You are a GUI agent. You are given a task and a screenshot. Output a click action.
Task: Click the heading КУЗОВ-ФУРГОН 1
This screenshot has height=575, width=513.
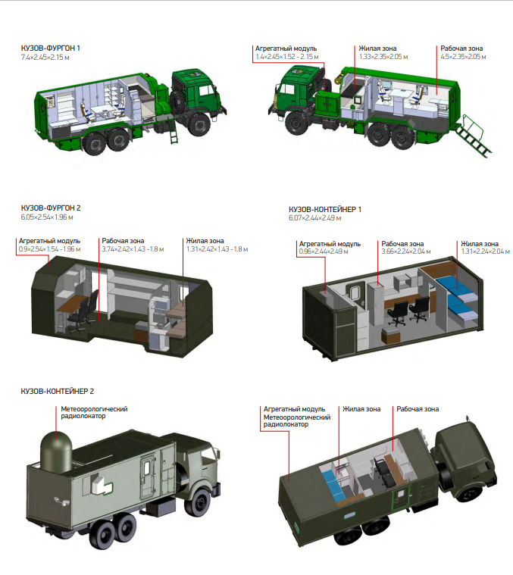(51, 48)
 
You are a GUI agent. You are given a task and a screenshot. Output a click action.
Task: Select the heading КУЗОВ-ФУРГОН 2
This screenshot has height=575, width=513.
(51, 208)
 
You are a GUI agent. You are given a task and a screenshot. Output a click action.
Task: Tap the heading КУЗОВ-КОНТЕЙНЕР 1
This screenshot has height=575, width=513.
(325, 209)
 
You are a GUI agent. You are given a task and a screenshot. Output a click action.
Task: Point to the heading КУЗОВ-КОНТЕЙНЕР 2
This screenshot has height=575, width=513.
(57, 391)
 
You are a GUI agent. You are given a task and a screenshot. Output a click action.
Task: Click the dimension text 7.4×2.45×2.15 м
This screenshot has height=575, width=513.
(45, 58)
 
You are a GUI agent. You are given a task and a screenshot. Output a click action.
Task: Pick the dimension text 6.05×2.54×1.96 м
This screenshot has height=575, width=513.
(47, 217)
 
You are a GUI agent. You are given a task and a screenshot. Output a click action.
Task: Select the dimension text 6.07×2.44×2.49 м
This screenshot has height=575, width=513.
(315, 218)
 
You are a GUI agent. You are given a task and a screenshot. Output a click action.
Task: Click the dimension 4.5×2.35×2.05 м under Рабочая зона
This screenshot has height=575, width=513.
(463, 57)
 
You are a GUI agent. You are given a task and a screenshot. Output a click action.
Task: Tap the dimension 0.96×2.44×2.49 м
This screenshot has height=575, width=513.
(324, 252)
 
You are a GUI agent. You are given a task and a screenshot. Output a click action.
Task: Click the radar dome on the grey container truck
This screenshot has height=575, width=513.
(56, 451)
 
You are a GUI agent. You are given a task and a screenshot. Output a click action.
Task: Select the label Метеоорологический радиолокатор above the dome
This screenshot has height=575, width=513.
(94, 413)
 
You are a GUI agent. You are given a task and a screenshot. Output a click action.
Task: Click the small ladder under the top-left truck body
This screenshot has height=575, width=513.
(173, 132)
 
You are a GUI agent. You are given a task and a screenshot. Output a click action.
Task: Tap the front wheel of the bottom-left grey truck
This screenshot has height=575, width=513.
(200, 503)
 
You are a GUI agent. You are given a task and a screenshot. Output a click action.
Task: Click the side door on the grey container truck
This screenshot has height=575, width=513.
(149, 475)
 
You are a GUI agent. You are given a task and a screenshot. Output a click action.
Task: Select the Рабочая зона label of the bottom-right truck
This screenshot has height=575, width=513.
(418, 409)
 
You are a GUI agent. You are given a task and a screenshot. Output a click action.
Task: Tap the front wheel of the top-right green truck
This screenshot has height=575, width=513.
(297, 123)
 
